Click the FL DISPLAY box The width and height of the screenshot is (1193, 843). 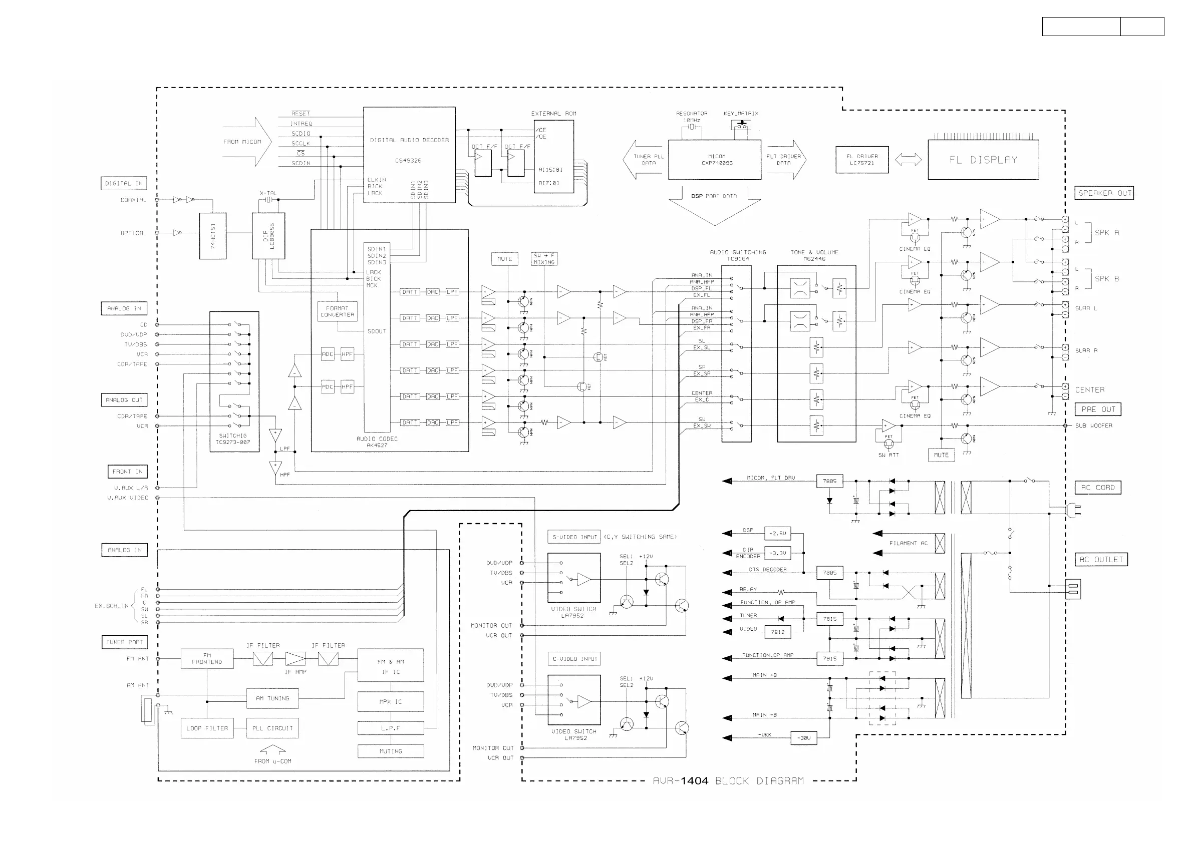point(983,160)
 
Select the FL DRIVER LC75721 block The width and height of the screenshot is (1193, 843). point(862,160)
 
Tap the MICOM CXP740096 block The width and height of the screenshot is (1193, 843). point(715,160)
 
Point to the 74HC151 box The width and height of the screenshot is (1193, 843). point(212,235)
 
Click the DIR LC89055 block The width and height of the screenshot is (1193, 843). point(268,235)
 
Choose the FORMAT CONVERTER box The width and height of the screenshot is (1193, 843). point(337,311)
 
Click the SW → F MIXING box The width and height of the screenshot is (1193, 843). point(544,259)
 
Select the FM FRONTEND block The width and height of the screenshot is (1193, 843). point(207,658)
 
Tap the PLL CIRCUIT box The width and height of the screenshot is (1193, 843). point(272,728)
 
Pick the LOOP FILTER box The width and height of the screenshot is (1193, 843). point(207,728)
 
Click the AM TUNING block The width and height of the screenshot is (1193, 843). point(272,698)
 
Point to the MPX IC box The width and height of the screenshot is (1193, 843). point(390,701)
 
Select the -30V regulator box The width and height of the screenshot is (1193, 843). point(803,737)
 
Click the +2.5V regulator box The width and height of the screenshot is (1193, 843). point(778,534)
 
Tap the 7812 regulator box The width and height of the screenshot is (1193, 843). point(778,632)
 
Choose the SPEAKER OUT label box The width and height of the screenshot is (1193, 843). point(1104,193)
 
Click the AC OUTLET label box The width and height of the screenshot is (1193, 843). point(1101,559)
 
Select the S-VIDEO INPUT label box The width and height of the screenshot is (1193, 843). point(574,537)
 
